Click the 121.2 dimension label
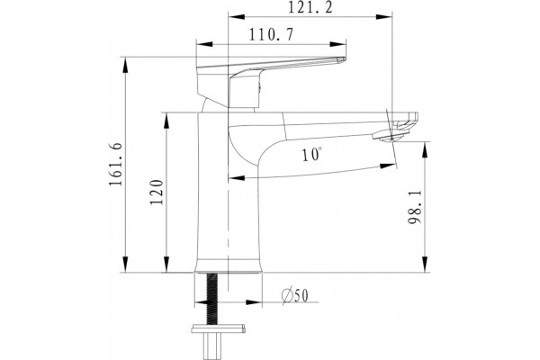[310, 7]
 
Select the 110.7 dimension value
[272, 35]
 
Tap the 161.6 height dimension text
[116, 165]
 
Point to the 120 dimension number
[157, 193]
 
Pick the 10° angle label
[312, 155]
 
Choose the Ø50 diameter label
[295, 295]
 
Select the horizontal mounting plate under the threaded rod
[219, 329]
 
